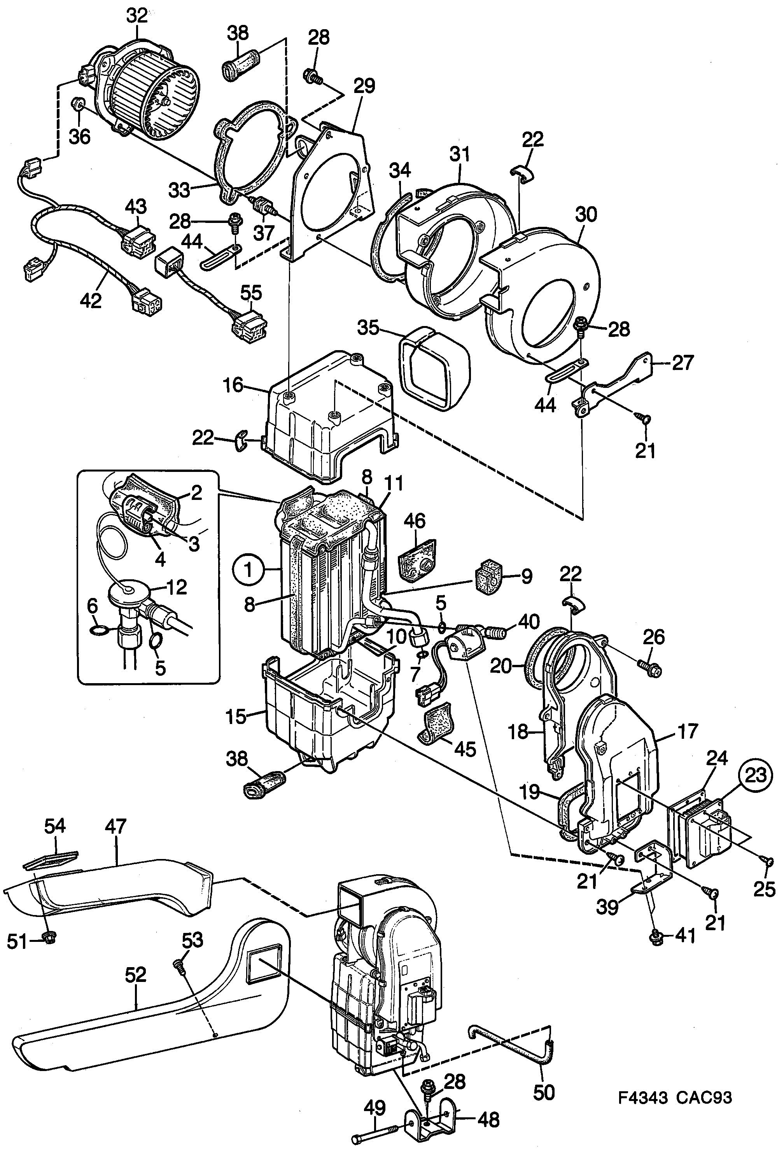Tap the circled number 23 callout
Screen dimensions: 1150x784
(755, 775)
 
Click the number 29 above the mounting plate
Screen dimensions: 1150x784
(364, 86)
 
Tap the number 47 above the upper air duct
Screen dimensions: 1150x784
(116, 826)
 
